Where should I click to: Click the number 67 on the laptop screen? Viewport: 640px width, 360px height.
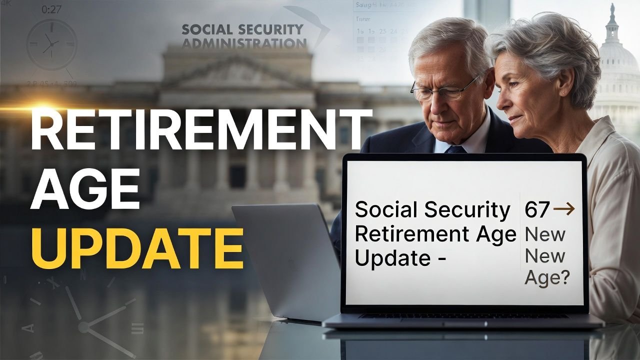[x=537, y=209]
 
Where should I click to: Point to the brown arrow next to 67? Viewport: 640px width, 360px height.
[x=564, y=210]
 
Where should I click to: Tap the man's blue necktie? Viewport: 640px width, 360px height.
[x=455, y=149]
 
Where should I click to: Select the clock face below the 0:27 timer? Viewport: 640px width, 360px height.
[x=51, y=44]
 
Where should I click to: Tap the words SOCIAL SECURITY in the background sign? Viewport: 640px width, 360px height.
[x=242, y=29]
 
